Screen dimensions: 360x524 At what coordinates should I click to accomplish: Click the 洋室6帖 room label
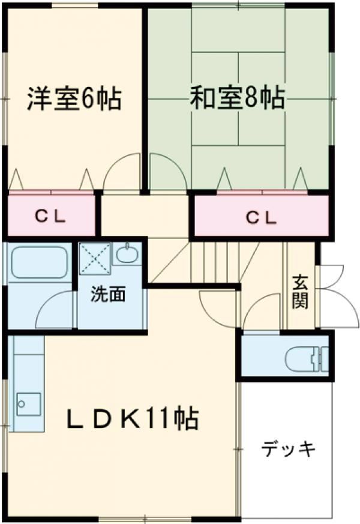74,98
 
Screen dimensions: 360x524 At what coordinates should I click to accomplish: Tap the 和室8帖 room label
238,98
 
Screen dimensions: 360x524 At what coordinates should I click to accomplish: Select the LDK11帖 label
133,418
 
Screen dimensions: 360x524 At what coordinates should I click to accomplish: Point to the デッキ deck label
288,449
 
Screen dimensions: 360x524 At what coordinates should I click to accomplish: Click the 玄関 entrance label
300,291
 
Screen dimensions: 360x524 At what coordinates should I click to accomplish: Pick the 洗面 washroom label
108,294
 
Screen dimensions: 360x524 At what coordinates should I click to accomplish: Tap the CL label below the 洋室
50,217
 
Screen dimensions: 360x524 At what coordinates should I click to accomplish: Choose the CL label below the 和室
262,218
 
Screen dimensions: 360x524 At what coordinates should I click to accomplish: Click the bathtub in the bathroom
40,262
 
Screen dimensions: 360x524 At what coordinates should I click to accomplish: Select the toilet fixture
307,360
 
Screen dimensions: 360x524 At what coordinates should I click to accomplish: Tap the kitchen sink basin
28,404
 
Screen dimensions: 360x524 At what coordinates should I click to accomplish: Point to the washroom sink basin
127,254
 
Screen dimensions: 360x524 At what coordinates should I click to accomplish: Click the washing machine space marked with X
95,258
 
